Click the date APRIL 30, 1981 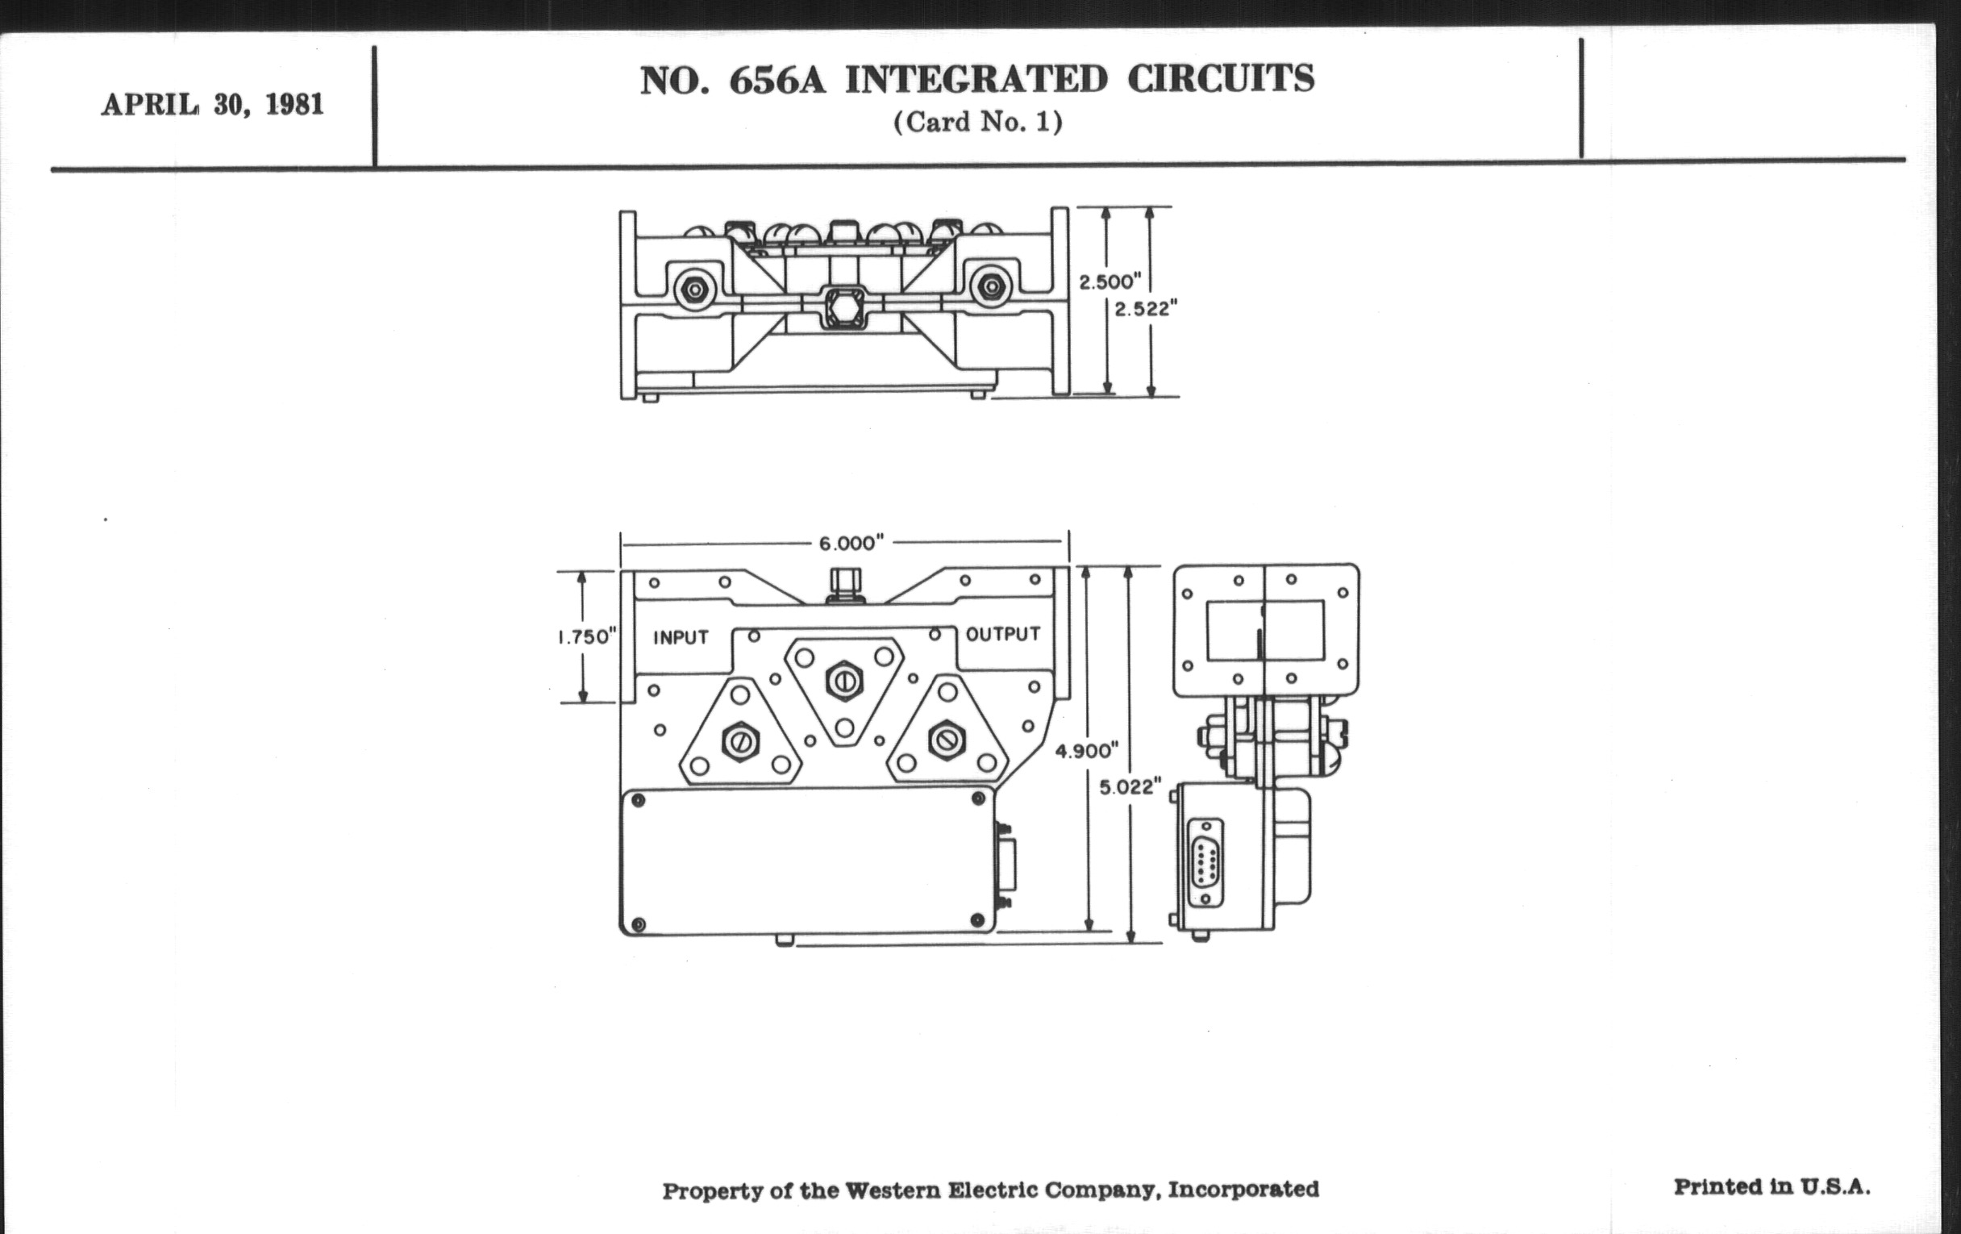click(x=213, y=105)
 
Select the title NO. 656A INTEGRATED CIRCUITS click(x=976, y=80)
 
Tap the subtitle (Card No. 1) click(x=977, y=123)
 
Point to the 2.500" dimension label click(x=1110, y=282)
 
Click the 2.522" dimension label click(x=1146, y=310)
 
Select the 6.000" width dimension click(x=851, y=544)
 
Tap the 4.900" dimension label click(x=1086, y=750)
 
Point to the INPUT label click(x=681, y=638)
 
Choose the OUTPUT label click(x=1002, y=635)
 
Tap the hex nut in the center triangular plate click(x=843, y=680)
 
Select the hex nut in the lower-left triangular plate click(x=740, y=740)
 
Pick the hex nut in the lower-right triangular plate click(x=947, y=740)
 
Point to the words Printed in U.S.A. click(x=1772, y=1186)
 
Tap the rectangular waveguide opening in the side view click(x=1264, y=631)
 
